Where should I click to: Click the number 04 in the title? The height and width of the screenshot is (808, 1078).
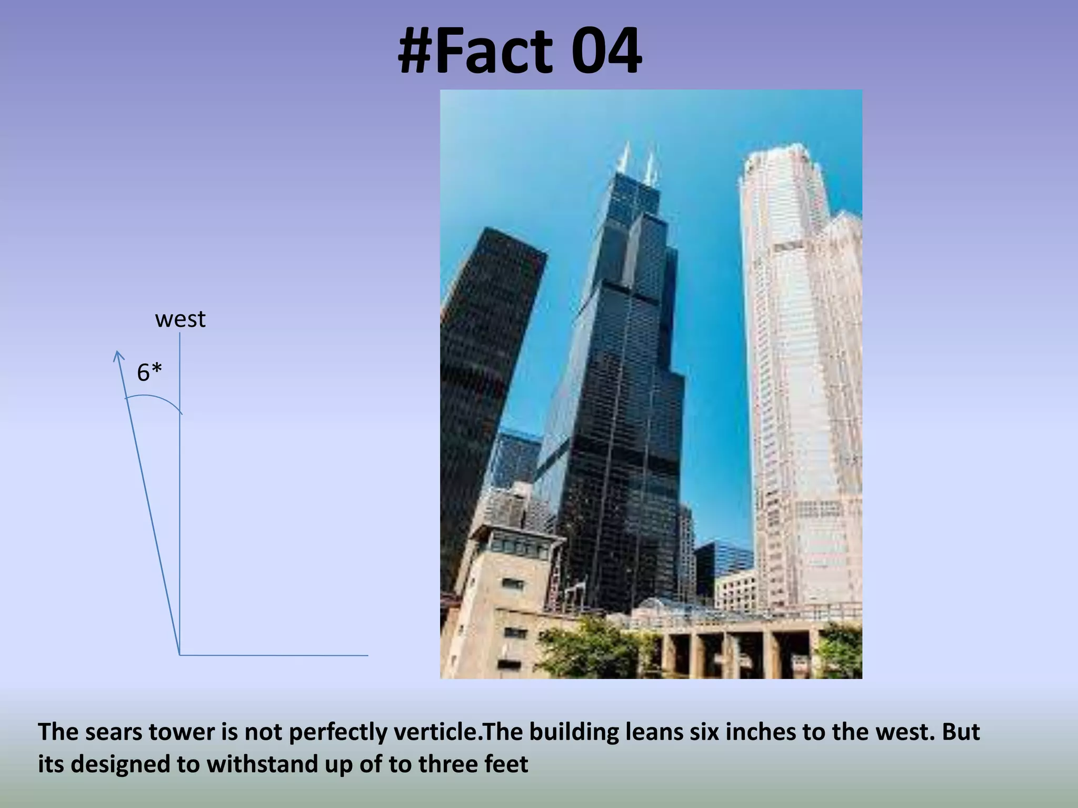[597, 52]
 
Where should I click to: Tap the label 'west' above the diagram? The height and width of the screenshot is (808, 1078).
[180, 319]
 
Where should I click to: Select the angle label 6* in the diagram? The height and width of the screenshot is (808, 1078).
[149, 372]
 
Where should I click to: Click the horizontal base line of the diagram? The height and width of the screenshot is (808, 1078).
[274, 655]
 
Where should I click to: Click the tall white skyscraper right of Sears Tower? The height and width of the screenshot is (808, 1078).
[790, 368]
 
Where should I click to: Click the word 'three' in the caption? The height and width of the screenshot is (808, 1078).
[447, 764]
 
